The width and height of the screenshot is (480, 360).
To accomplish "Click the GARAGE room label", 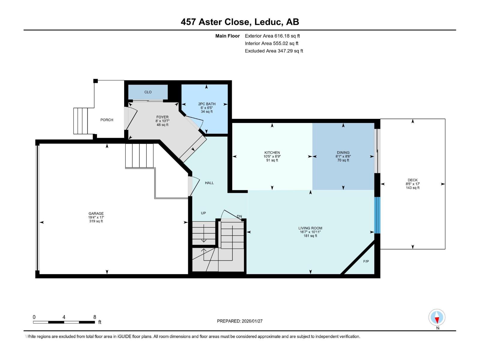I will (96, 214).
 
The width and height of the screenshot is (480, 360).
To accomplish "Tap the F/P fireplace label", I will (366, 261).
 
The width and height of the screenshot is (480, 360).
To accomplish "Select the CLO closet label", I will (148, 92).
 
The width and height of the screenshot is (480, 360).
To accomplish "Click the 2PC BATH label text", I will (207, 104).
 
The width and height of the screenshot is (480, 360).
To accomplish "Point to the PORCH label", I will (107, 120).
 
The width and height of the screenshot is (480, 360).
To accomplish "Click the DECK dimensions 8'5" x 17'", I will (412, 184).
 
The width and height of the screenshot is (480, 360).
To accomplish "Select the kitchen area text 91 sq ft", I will (272, 160).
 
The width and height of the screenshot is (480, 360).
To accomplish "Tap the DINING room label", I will (343, 152).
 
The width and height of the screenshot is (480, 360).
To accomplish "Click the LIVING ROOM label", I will (310, 228).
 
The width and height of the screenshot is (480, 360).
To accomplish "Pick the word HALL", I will (209, 183).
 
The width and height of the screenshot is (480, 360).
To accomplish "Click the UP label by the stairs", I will (203, 213).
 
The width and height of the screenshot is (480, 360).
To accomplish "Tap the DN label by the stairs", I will (239, 216).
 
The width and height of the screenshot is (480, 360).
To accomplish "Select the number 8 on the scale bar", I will (95, 317).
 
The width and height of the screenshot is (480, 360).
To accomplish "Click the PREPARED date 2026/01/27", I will (252, 321).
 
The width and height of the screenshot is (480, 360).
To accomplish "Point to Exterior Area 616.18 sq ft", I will (272, 36).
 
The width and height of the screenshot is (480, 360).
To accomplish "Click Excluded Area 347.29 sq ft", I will (274, 51).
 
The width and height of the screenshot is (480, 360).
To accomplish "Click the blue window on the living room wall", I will (377, 215).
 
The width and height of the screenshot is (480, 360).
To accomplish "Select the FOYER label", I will (162, 117).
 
